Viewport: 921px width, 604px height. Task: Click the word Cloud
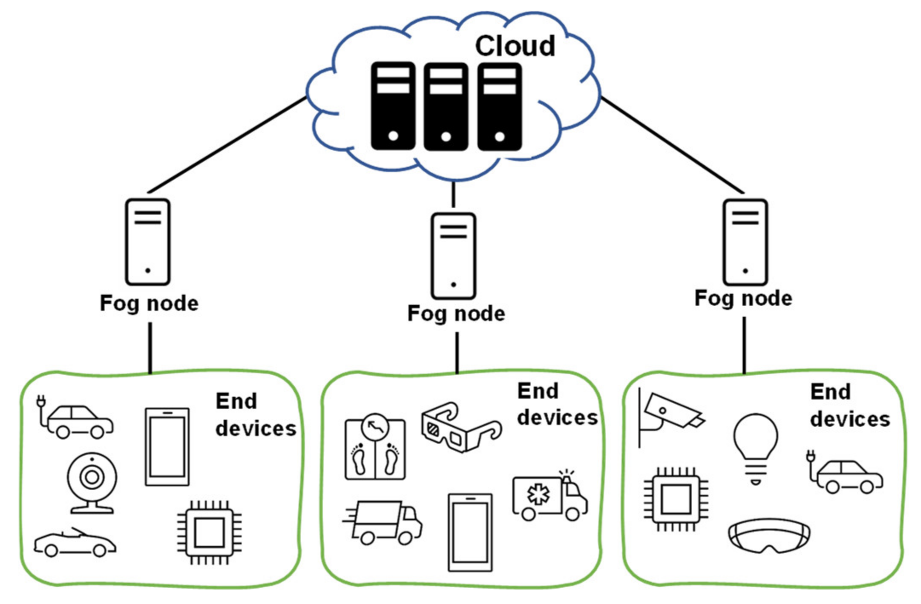(515, 46)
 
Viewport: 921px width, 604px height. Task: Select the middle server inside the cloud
(446, 106)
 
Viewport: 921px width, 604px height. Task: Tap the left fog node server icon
(147, 242)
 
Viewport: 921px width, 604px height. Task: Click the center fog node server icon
(453, 256)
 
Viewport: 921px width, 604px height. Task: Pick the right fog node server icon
(745, 242)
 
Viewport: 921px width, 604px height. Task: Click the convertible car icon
(75, 543)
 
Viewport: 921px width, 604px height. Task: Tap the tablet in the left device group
(167, 447)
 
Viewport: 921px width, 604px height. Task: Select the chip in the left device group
(209, 532)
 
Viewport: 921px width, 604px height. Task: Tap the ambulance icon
(549, 496)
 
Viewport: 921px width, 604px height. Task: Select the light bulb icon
(755, 447)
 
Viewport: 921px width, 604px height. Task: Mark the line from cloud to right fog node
(672, 145)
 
